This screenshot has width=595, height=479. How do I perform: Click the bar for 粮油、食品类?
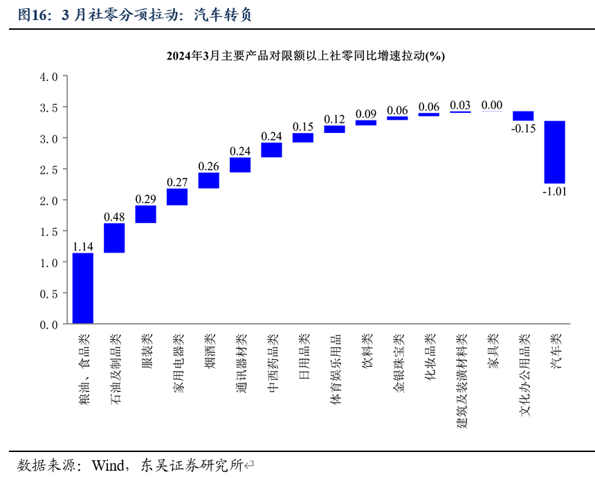(x=83, y=288)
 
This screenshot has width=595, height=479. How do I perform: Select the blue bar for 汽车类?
(x=554, y=152)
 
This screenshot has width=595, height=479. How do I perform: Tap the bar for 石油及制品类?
(x=114, y=238)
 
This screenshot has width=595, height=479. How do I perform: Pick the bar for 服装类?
(x=146, y=215)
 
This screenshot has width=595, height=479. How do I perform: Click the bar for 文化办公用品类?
(x=523, y=116)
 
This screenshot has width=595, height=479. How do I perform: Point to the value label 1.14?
(x=83, y=246)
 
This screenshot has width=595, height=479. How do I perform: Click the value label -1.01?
(x=554, y=191)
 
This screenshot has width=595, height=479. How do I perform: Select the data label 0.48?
(x=114, y=217)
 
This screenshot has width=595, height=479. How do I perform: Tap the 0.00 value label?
(x=492, y=105)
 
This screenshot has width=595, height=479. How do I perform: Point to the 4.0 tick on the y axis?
(x=49, y=77)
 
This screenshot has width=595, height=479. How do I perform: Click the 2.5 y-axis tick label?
(x=49, y=170)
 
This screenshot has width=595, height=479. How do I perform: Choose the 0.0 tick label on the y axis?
(x=49, y=325)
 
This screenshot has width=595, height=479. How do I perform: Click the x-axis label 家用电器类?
(x=178, y=363)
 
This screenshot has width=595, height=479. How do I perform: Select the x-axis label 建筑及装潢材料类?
(x=461, y=381)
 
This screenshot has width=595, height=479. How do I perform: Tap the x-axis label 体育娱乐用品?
(x=335, y=369)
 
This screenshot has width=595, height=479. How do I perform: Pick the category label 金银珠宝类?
(x=398, y=363)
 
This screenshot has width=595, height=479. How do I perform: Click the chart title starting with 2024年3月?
(x=306, y=56)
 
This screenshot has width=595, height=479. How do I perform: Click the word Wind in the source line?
(x=108, y=465)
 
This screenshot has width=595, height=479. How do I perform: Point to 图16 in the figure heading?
(x=32, y=15)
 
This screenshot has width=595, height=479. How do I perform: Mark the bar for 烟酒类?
(x=209, y=181)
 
